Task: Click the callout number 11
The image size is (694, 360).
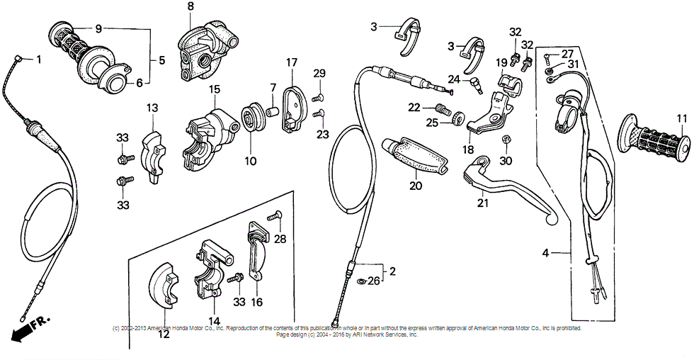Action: point(681,118)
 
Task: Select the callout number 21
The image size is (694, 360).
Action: point(483,202)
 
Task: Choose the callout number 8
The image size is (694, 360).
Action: point(190,7)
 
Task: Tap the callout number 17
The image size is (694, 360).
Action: point(291,62)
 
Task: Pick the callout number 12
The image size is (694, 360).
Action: point(164,334)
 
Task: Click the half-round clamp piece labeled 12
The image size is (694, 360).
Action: point(164,287)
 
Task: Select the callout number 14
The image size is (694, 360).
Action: point(213,320)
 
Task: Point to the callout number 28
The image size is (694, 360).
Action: point(280,239)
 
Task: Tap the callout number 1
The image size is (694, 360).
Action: point(39,60)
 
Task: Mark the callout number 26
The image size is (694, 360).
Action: point(373,280)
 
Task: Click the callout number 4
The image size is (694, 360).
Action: point(546,252)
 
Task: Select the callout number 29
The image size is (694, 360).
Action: point(319,74)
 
